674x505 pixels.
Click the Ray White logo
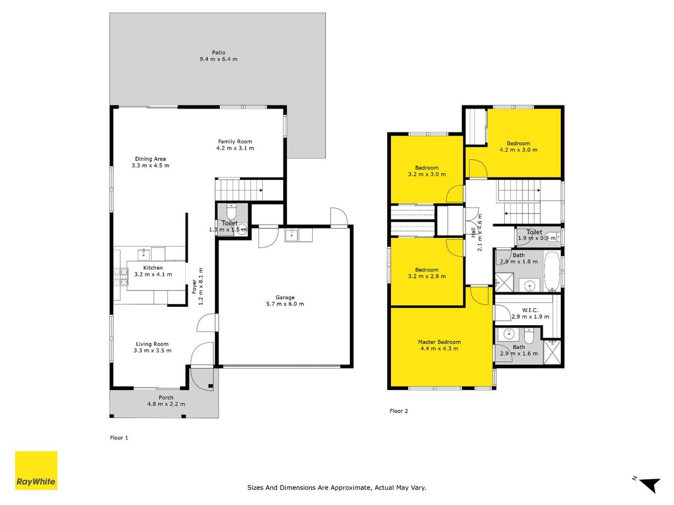tap(36, 470)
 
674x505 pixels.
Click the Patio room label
tap(219, 52)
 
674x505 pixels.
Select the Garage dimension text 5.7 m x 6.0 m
tap(285, 304)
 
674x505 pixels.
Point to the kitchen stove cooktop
tap(121, 277)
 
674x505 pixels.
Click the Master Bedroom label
tap(439, 342)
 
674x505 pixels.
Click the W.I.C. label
tap(530, 310)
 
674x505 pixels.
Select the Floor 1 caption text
tap(119, 438)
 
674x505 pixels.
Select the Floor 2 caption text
tap(399, 411)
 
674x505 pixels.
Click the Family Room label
tap(235, 141)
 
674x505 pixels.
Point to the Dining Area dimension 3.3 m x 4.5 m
tap(150, 165)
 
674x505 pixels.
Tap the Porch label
tap(166, 398)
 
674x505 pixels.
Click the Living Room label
tap(152, 344)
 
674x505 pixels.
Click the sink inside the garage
tap(292, 235)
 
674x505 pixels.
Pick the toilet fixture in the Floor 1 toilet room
tap(232, 211)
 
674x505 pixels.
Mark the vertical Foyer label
tap(195, 287)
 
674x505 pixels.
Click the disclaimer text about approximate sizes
tap(337, 487)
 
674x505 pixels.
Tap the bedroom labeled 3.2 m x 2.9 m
tap(427, 272)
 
